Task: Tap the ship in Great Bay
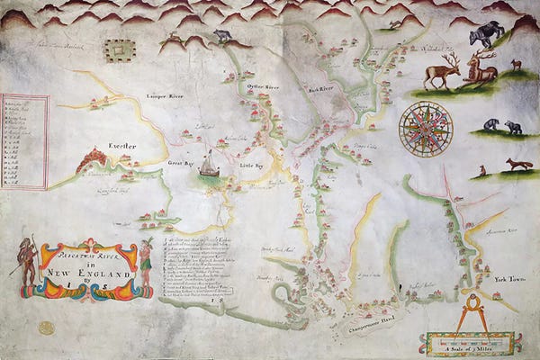pos(208,166)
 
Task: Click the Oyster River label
pos(262,86)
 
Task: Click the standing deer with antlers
pos(442,71)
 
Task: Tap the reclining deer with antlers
pos(480,71)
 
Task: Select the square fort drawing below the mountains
pos(117,51)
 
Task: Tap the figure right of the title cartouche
pos(146,264)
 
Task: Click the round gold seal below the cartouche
pos(46,328)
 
